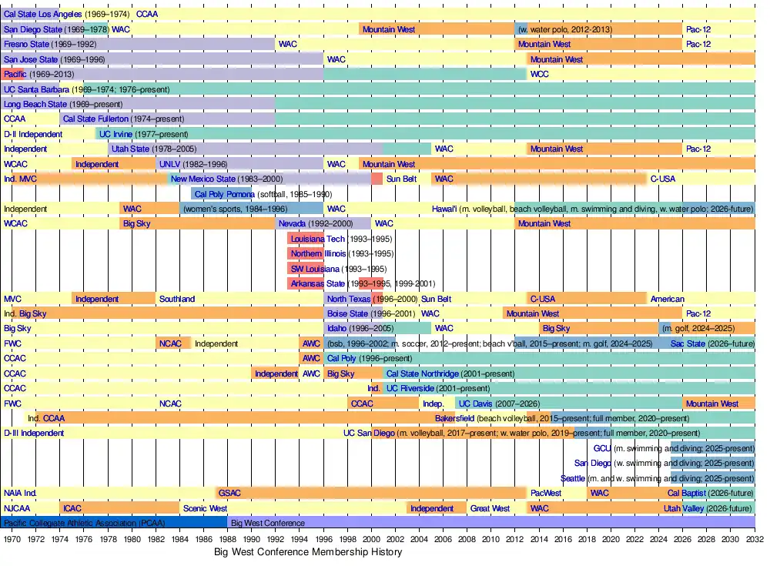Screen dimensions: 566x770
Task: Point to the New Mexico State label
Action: click(203, 179)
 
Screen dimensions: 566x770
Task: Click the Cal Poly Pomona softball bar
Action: click(223, 194)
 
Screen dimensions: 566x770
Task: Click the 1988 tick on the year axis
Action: click(228, 540)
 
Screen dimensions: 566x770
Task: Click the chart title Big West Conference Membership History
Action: click(308, 552)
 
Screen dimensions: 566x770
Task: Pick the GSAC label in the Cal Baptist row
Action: click(229, 493)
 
